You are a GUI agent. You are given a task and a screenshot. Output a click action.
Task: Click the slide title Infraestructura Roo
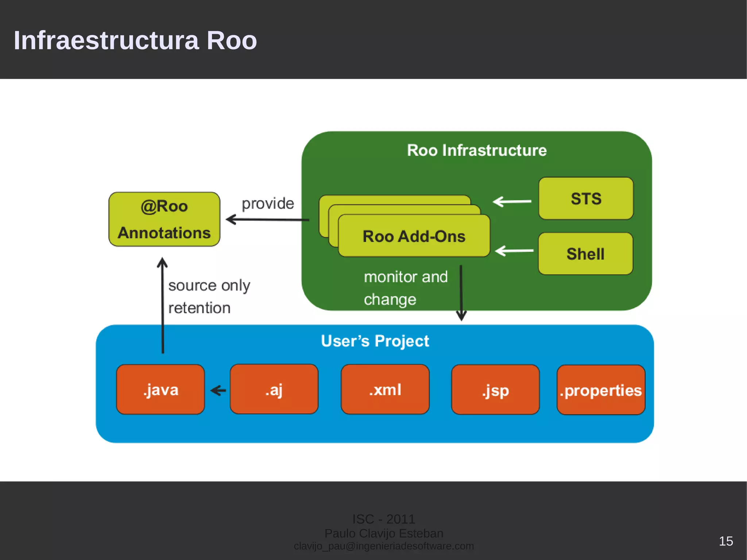click(135, 40)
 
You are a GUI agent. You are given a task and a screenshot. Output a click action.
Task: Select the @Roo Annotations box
click(164, 219)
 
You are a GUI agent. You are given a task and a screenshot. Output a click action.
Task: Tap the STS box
click(586, 198)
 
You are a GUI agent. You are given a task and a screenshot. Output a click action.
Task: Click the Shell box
click(585, 254)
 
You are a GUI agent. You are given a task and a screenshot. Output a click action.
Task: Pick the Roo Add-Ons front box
click(414, 236)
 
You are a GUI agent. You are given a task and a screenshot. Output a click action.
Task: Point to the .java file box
click(160, 390)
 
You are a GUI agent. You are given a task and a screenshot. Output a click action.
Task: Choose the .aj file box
click(274, 389)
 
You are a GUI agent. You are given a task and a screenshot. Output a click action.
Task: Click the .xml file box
click(385, 389)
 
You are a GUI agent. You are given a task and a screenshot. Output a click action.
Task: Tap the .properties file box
click(601, 390)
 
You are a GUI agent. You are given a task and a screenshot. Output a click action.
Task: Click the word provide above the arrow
click(268, 204)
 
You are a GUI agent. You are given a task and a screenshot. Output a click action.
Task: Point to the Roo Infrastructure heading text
click(477, 150)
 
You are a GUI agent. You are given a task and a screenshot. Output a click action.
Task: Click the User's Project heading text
click(375, 341)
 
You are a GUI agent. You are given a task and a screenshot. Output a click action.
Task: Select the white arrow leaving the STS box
click(512, 201)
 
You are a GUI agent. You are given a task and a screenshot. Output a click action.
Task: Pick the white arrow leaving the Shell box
click(514, 251)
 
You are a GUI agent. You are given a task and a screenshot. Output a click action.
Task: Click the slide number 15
click(725, 541)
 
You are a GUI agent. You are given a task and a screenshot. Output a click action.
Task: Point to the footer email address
click(384, 546)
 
